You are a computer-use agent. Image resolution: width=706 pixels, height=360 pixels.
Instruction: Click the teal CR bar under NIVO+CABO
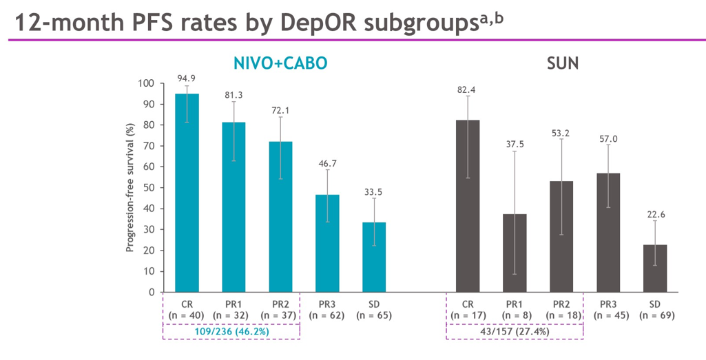point(187,193)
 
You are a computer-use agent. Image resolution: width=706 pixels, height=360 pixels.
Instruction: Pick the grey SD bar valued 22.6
point(655,268)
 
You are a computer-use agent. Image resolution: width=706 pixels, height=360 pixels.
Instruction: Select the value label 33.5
point(374,192)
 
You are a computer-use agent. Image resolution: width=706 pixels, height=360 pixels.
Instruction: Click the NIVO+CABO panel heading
point(280,63)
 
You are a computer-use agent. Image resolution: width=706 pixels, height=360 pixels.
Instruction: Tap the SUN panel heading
point(562,64)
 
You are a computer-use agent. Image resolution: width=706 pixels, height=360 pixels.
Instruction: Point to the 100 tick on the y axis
point(145,83)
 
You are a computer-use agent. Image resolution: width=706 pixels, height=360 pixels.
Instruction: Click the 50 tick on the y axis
point(148,188)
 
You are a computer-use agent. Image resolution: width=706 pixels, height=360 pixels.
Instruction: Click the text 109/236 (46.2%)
point(232,330)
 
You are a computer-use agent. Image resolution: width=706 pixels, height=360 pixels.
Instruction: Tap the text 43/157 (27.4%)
point(515,331)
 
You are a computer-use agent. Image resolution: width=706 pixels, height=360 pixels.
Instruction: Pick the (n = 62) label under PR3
point(327,315)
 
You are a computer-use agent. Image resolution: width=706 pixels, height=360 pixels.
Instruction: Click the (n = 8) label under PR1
point(515,315)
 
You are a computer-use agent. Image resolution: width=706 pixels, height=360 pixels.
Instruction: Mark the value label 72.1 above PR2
point(280,110)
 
